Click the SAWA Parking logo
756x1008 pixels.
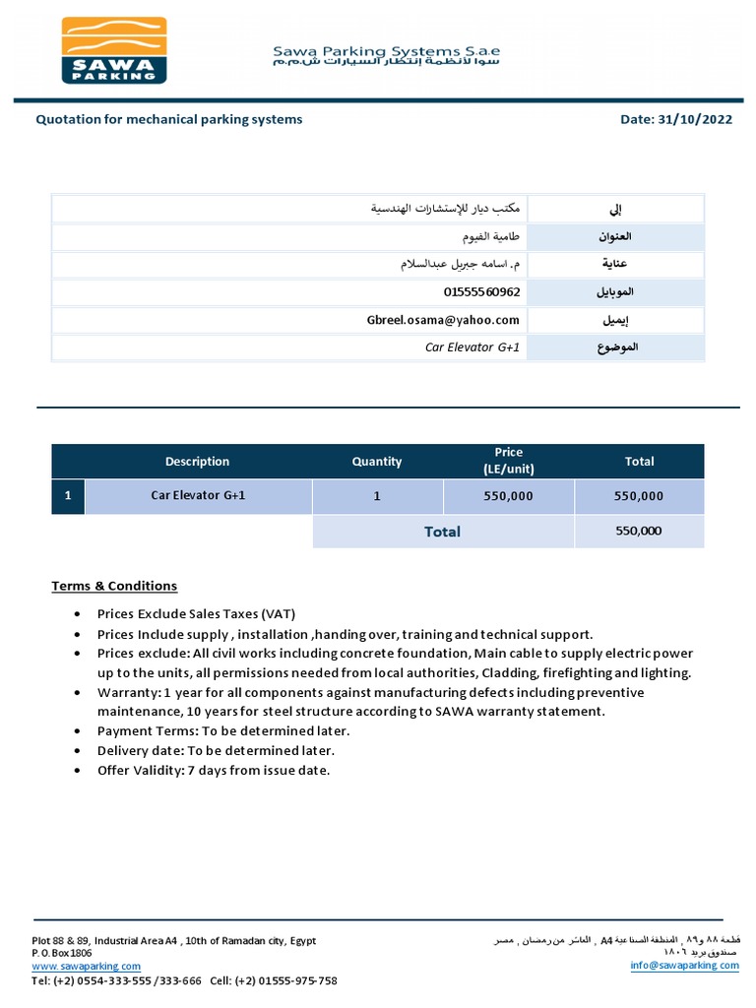click(114, 50)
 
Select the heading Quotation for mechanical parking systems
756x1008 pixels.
click(169, 119)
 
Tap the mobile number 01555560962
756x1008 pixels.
click(481, 292)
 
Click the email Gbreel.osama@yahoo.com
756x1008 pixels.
click(442, 320)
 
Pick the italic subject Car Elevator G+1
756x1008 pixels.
click(472, 347)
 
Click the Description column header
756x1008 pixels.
click(197, 462)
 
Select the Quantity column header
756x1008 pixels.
click(377, 462)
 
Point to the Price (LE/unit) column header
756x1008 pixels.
click(508, 462)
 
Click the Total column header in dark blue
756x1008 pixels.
click(639, 462)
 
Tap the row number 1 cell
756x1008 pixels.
click(68, 496)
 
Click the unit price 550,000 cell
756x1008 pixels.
click(508, 496)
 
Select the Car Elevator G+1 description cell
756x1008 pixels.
click(198, 496)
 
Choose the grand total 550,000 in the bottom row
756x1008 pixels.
click(639, 531)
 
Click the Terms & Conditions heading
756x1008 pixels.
click(114, 586)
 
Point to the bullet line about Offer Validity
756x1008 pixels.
click(214, 770)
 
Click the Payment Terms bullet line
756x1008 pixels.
click(223, 731)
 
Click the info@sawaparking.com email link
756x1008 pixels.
click(684, 966)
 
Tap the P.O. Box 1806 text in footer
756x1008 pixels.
click(62, 954)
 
